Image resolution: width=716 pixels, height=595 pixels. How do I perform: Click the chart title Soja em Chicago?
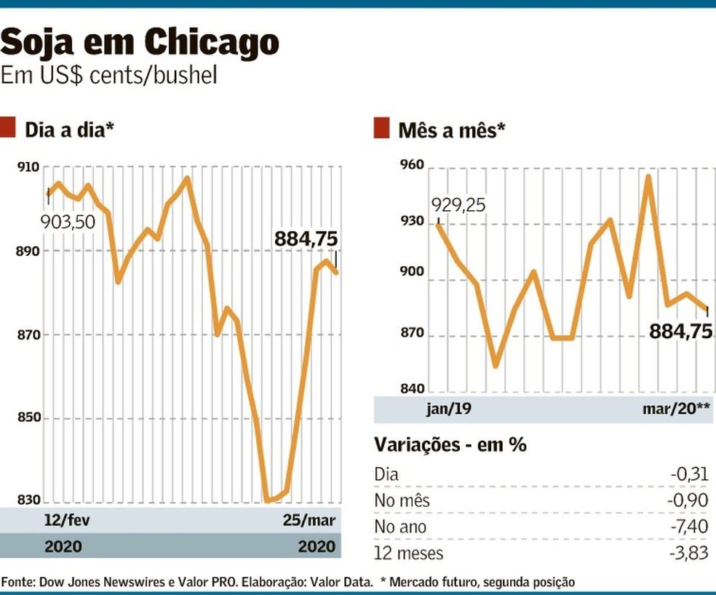[140, 44]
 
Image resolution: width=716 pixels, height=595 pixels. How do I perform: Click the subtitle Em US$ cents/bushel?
[109, 76]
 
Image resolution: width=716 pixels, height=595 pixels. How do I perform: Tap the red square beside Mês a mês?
[381, 129]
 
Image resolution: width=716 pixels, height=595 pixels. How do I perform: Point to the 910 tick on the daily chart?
[28, 167]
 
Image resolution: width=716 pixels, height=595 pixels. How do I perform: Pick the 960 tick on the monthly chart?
[412, 167]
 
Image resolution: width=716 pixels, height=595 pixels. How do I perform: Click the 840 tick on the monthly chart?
[412, 389]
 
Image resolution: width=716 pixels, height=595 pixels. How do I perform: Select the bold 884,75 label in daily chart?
[306, 239]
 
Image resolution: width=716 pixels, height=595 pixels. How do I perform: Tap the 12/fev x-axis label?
[68, 521]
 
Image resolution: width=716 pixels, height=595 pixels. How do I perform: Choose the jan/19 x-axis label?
[448, 409]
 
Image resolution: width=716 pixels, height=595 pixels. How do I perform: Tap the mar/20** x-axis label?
[676, 409]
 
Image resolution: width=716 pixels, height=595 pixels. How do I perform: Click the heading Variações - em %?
[450, 444]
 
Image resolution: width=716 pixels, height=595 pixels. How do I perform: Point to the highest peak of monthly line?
[648, 176]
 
